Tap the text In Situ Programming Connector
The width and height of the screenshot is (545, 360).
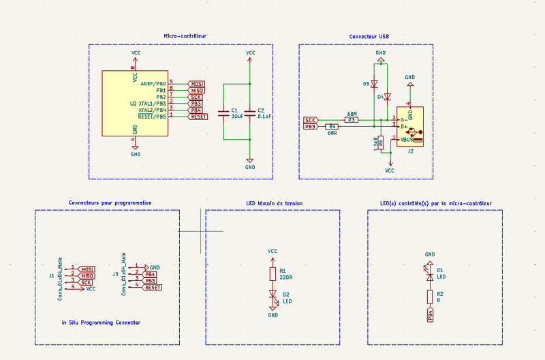coord(101,322)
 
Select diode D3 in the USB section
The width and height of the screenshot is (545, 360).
coord(374,84)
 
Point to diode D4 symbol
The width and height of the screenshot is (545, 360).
coord(388,97)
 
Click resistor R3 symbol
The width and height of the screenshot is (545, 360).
coord(352,120)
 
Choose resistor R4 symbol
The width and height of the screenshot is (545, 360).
coord(332,127)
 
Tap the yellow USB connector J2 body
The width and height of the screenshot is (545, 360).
coord(412,126)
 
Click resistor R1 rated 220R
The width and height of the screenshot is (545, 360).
coord(272,274)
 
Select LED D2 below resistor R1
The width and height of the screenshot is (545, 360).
coord(272,296)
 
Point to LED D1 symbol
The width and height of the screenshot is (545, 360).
coord(429,275)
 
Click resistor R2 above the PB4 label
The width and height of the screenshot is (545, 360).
coord(429,297)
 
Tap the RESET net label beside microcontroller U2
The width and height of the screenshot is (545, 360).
coord(198,117)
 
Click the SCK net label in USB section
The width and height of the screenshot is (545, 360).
coord(311,120)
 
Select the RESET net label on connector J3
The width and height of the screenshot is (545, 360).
coord(153,288)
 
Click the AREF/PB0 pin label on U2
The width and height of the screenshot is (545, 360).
coord(153,83)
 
